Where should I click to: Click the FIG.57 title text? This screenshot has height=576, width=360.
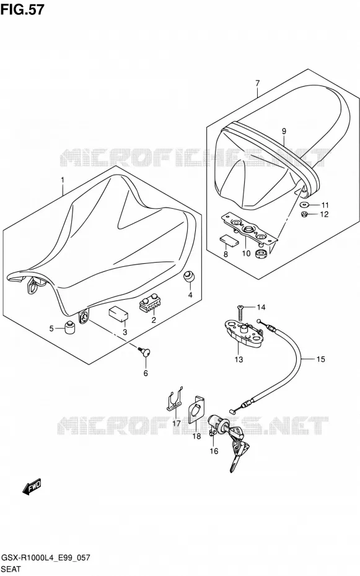22,9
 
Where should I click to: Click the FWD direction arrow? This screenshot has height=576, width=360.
32,487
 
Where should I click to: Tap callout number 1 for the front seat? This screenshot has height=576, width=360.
63,180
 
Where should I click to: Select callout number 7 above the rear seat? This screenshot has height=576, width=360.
257,84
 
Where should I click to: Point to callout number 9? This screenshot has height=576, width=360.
284,131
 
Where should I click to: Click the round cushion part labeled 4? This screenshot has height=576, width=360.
189,277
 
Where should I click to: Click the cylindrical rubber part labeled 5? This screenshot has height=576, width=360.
70,327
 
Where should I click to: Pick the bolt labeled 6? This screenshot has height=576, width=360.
144,352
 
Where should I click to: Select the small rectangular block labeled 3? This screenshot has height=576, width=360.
118,315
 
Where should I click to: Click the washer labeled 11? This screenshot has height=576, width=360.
304,204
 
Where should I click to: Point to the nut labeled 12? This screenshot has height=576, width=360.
304,214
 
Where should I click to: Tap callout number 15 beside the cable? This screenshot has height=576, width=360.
320,359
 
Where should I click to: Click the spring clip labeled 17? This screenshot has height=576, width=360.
173,399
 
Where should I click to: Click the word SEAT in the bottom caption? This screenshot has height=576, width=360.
11,569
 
